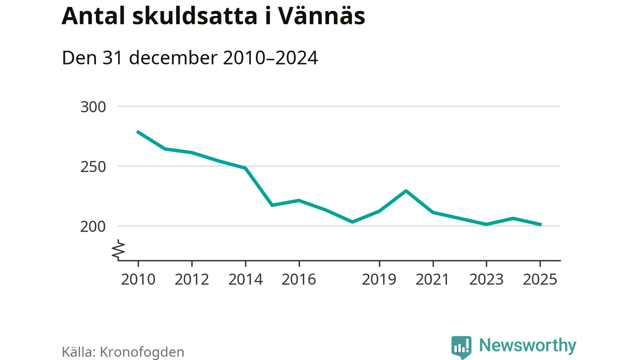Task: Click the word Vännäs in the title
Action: (321, 17)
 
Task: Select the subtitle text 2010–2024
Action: (270, 58)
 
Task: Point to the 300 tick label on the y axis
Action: (93, 107)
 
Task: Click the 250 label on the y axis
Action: (93, 166)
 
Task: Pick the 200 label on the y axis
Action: (93, 226)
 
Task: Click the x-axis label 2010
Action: (138, 279)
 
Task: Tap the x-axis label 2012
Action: (191, 279)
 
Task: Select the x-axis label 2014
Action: (245, 279)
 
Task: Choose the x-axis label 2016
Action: (298, 279)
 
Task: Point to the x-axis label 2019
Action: (379, 279)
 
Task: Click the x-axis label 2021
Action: (432, 279)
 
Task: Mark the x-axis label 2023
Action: (486, 279)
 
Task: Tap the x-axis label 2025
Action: (539, 279)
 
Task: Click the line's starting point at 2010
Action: (138, 131)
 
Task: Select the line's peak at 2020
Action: (406, 191)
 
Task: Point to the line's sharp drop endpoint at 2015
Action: (272, 205)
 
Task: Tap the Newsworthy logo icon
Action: (461, 346)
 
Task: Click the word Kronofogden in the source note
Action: (142, 352)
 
